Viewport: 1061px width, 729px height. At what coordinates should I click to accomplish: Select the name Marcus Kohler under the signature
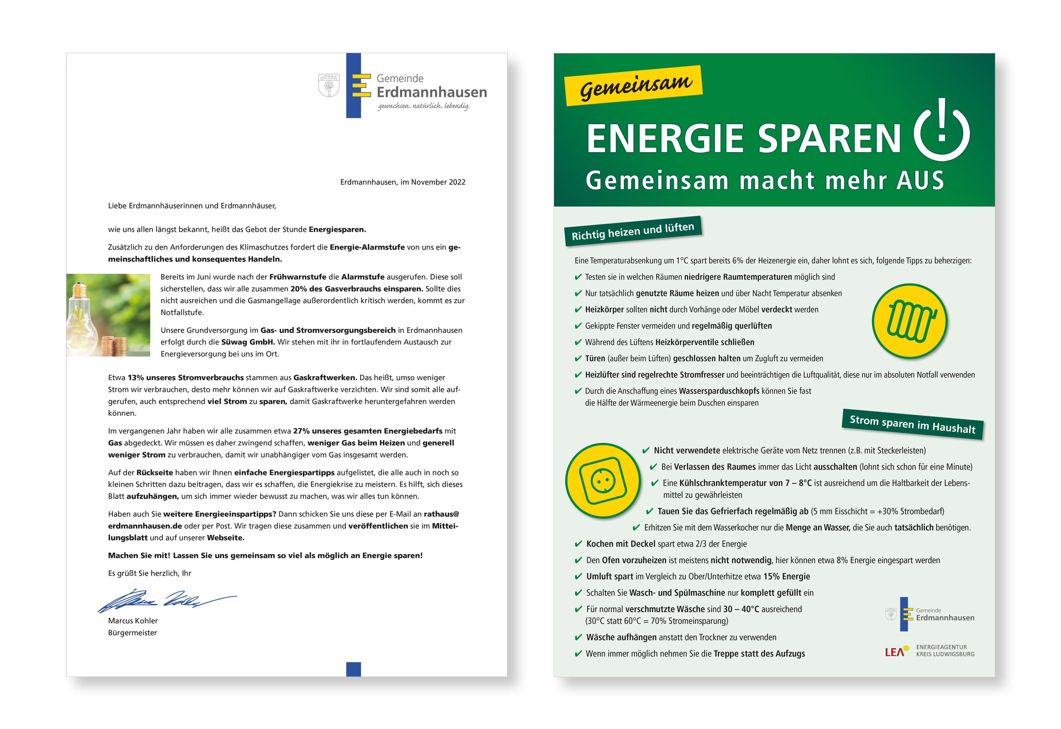click(133, 621)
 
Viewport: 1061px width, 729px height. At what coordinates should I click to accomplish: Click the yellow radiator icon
click(909, 321)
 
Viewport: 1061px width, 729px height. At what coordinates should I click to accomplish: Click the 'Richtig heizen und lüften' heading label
click(633, 231)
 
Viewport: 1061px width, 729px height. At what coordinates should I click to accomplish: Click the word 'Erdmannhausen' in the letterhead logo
click(432, 92)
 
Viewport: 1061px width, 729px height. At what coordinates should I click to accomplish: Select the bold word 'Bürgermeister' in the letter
click(133, 633)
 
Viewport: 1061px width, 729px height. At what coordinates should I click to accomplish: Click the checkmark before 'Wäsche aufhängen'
click(578, 637)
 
